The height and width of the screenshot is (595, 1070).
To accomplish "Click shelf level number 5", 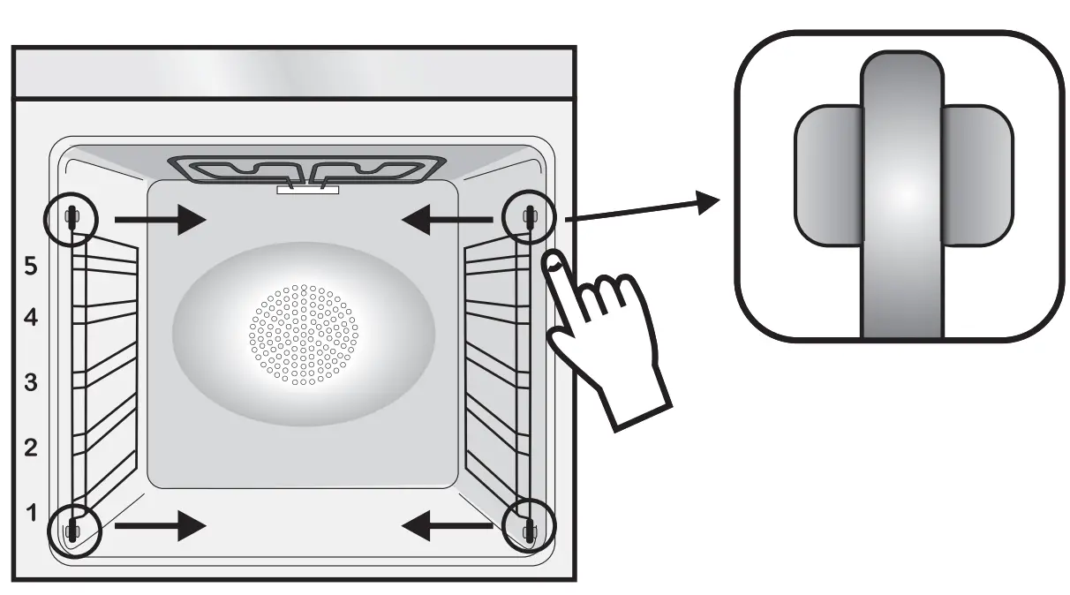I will click(30, 267).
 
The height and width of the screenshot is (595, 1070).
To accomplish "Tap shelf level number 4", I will click(30, 318).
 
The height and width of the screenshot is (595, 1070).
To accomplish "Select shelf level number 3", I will click(30, 383).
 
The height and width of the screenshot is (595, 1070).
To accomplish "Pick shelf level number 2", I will click(30, 448).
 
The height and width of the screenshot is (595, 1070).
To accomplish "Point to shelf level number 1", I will click(30, 513).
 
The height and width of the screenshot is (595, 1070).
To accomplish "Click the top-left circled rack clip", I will click(72, 216).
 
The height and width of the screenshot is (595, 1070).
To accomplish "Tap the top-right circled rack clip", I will click(529, 216).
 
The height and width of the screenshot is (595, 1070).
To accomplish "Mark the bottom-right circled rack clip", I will click(529, 530).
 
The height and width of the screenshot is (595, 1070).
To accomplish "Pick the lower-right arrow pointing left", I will click(446, 527).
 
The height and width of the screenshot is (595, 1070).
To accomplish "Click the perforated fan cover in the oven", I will click(305, 335).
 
